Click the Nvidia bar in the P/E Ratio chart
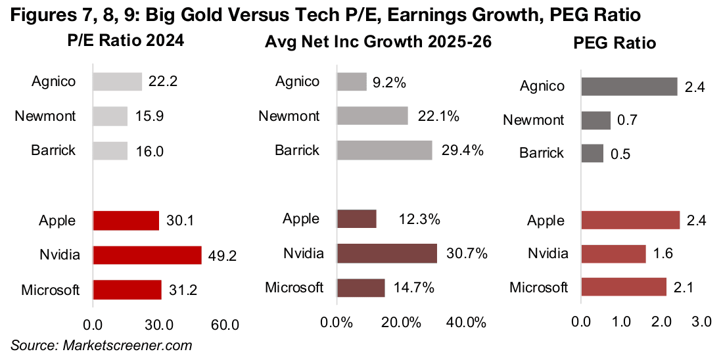(x=147, y=255)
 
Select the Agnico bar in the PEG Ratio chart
(x=629, y=86)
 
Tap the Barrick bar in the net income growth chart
(x=384, y=150)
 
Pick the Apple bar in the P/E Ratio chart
(x=126, y=221)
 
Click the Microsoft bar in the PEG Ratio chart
(x=624, y=287)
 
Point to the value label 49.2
(x=223, y=255)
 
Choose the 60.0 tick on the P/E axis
(x=225, y=325)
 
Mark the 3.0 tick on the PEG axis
(x=701, y=323)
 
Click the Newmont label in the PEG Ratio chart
(x=533, y=120)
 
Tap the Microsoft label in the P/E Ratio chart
(x=50, y=289)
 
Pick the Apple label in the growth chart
(x=301, y=219)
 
